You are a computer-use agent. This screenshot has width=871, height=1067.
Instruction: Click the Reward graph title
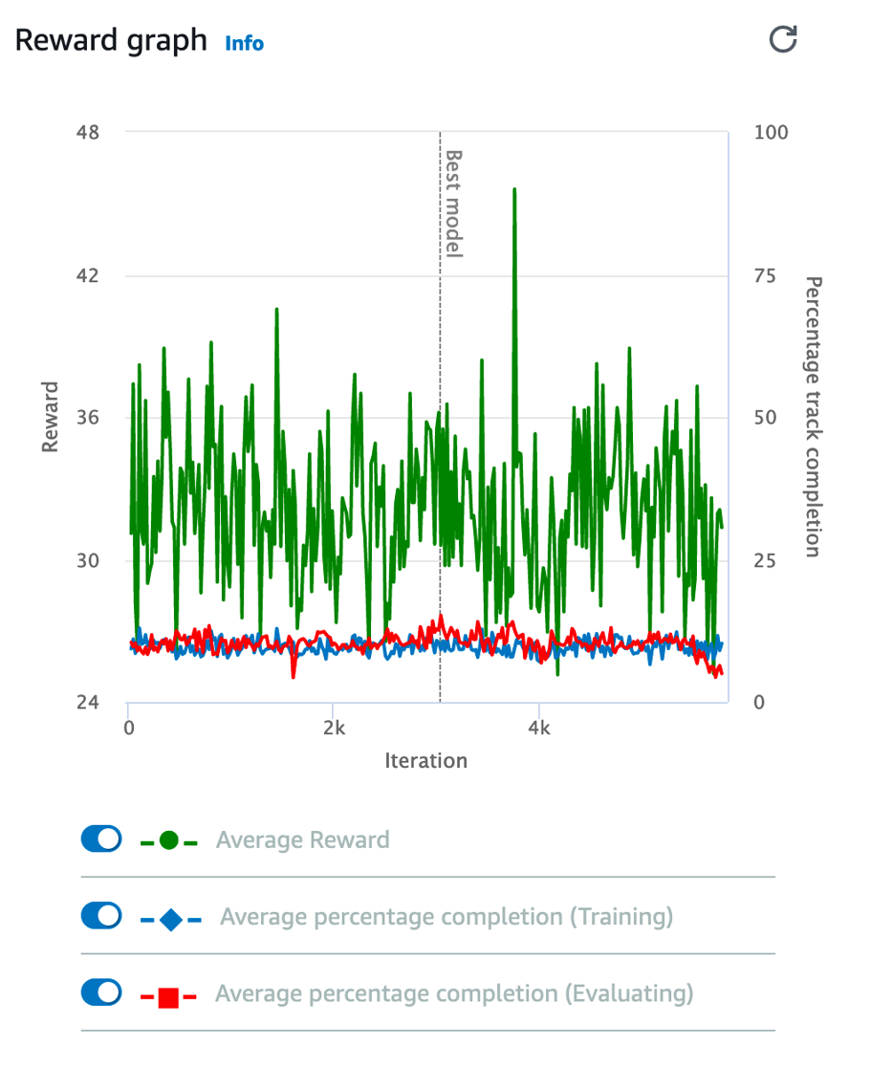110,40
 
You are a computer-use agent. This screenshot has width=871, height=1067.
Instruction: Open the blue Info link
244,43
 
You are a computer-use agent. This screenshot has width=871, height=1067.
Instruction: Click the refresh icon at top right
783,39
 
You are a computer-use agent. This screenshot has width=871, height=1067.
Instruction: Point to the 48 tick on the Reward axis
88,132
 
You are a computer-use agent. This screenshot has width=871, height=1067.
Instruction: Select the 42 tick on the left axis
88,275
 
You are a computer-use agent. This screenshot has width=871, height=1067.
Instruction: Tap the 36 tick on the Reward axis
88,418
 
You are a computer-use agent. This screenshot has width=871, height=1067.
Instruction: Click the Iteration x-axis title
425,761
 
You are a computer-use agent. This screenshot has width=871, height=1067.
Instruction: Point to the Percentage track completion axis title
813,417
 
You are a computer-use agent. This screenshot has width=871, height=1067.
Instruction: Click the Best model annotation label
455,203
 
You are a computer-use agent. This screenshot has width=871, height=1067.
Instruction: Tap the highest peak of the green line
514,189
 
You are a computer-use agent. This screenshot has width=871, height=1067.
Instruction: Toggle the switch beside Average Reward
101,839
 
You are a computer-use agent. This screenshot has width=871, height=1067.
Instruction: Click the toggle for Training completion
101,916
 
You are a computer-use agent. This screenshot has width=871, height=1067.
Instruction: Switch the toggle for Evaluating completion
101,992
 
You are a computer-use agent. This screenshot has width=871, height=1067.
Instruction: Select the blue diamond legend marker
170,921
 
